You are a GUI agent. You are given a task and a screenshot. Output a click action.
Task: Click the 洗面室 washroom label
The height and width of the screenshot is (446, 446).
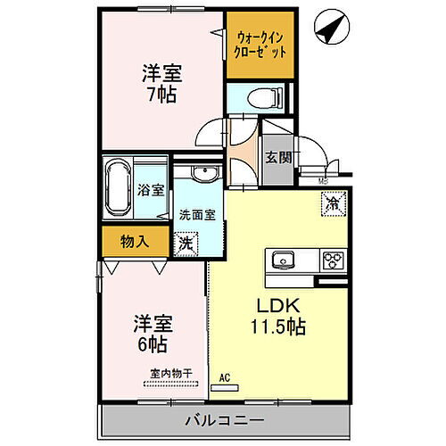(x=197, y=215)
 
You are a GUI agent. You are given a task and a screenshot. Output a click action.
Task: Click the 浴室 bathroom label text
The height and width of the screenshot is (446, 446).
(x=151, y=189)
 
